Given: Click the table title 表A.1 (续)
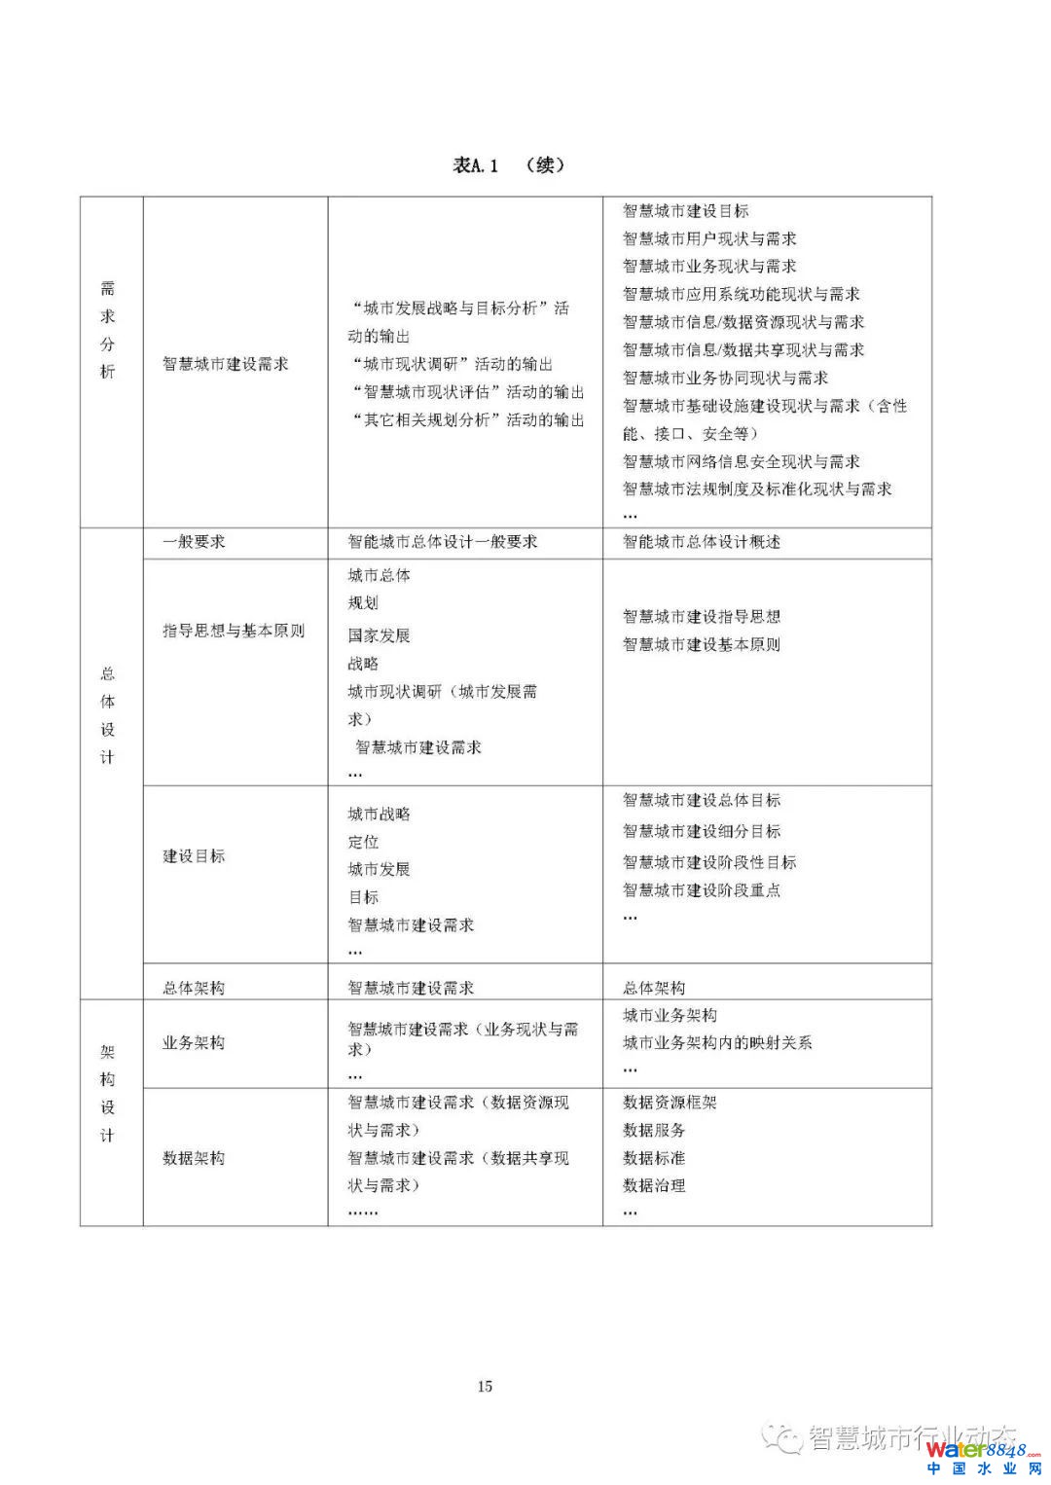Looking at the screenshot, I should [x=508, y=165].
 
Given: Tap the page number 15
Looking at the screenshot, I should [x=485, y=1386].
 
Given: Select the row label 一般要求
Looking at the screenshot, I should [x=194, y=542].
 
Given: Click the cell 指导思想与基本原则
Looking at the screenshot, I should [x=234, y=631].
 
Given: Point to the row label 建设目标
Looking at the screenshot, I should [x=194, y=856].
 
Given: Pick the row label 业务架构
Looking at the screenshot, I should [x=194, y=1042].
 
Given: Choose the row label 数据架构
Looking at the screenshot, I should [x=194, y=1158].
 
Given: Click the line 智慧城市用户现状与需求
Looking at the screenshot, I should [x=709, y=238].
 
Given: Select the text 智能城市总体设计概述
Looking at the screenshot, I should [x=702, y=542].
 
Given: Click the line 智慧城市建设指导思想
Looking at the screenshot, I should [x=702, y=616].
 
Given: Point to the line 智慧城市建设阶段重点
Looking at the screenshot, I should [x=702, y=889].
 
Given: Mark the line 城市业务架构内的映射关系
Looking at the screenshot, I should [x=717, y=1042].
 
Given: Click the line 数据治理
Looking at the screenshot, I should [x=654, y=1185].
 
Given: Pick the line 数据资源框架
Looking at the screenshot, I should [x=670, y=1103].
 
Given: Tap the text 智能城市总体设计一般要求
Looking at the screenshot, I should [x=443, y=542].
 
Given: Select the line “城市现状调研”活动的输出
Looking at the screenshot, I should [x=452, y=364].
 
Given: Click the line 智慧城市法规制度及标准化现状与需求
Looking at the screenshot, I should [x=757, y=489].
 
